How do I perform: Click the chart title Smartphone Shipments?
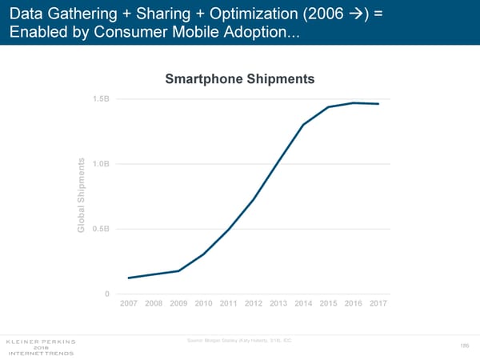239,79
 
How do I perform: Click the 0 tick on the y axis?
107,294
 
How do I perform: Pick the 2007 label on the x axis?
129,305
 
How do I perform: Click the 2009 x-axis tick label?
178,305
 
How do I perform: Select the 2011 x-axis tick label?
229,305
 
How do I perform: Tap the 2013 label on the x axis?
278,305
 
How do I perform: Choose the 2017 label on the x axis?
378,305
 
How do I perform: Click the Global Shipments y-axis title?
82,196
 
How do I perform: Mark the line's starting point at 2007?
129,278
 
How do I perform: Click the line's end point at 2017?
378,104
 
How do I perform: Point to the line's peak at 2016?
354,102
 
